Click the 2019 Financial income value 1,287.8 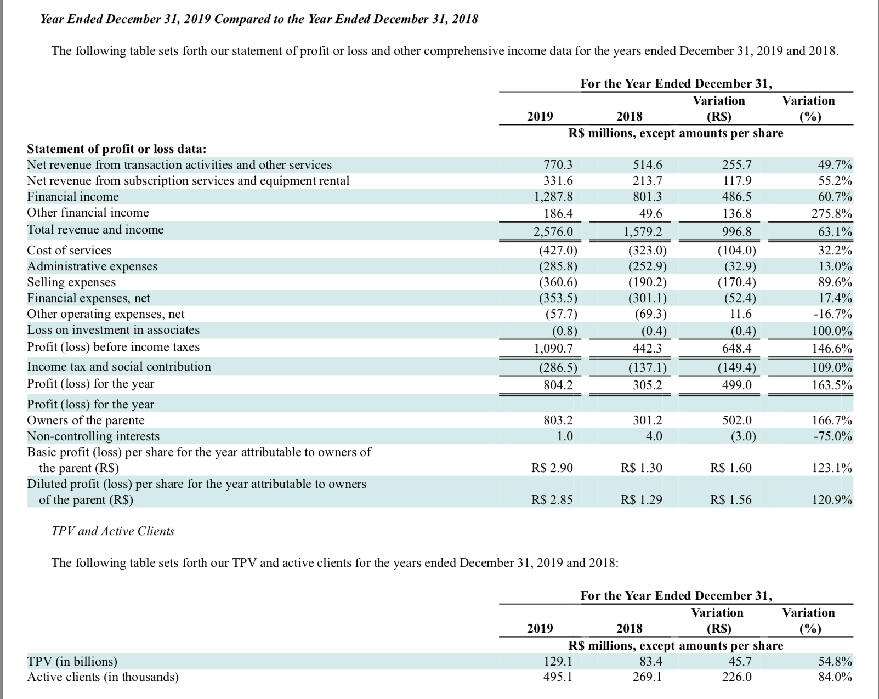(x=553, y=197)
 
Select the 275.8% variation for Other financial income (x=832, y=214)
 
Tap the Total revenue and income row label (x=95, y=230)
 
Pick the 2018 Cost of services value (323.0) (x=648, y=250)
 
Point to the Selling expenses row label (x=71, y=282)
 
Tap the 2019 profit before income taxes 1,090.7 (x=553, y=349)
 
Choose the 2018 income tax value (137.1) (x=648, y=368)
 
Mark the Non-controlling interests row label (x=93, y=436)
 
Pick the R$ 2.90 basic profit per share (x=552, y=468)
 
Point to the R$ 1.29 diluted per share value (x=641, y=500)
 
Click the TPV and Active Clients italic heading (x=113, y=531)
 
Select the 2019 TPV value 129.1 (x=558, y=661)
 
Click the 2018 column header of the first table (x=630, y=117)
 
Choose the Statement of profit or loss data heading (x=117, y=149)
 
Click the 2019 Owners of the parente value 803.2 (x=558, y=420)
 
